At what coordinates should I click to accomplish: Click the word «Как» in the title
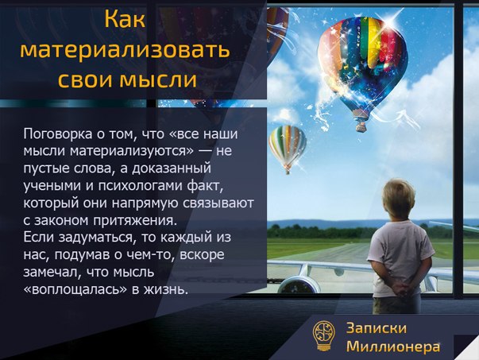[x=126, y=20]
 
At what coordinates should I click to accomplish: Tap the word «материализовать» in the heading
[x=126, y=50]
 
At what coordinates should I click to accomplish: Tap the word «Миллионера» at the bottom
[x=393, y=346]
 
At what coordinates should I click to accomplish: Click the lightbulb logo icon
[x=323, y=336]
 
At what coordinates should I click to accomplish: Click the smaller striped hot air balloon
[x=287, y=145]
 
